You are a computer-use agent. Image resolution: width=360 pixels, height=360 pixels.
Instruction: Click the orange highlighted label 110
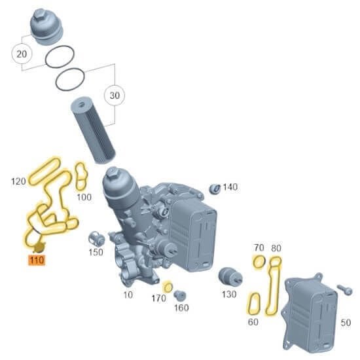35,261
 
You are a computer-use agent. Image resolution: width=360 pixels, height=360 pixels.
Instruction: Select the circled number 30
115,95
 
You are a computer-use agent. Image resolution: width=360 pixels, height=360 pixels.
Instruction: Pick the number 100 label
84,196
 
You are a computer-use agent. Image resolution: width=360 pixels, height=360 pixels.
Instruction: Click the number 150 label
96,252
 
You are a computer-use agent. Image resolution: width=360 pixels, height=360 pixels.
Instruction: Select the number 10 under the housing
128,295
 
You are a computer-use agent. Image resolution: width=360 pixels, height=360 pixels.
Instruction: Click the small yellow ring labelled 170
168,287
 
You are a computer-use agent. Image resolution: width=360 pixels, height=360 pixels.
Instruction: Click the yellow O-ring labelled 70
259,263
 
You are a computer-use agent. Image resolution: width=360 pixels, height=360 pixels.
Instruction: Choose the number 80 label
276,248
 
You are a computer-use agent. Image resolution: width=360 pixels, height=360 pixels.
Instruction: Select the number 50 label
346,322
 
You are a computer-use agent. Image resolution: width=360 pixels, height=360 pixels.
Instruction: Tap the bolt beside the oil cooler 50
345,289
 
